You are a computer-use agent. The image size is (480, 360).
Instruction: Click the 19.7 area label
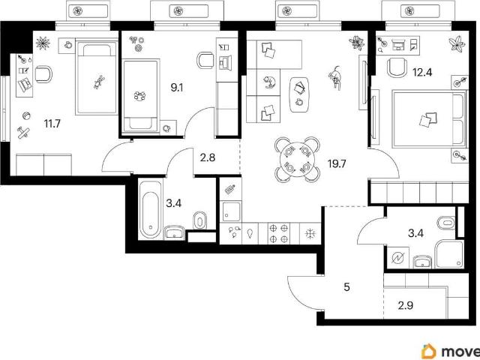[x=337, y=164]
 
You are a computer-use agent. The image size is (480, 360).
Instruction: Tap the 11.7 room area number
[x=52, y=124]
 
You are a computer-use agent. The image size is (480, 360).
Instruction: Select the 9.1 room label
[x=177, y=88]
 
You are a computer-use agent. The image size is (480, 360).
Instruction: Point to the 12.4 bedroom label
[x=422, y=73]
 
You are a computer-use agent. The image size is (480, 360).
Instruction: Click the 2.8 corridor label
[x=207, y=157]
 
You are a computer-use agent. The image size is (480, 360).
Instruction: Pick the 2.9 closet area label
[x=406, y=305]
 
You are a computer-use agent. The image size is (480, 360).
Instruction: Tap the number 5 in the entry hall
[x=346, y=287]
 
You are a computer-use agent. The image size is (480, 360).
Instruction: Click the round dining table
[x=297, y=159]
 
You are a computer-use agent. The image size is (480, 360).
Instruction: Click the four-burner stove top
[x=279, y=233]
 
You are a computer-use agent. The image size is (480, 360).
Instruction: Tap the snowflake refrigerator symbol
[x=310, y=233]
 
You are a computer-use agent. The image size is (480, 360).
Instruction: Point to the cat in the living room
[x=335, y=77]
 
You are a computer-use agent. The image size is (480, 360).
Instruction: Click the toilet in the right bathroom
[x=447, y=223]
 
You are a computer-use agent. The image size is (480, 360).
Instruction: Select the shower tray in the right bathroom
[x=450, y=254]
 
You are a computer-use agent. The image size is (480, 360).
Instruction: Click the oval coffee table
[x=299, y=94]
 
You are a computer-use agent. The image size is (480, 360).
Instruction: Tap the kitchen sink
[x=231, y=211]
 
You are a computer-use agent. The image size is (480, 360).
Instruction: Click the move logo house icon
[x=429, y=351]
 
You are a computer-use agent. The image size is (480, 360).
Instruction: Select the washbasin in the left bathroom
[x=174, y=232]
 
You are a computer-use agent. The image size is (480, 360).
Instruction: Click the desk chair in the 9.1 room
[x=205, y=60]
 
